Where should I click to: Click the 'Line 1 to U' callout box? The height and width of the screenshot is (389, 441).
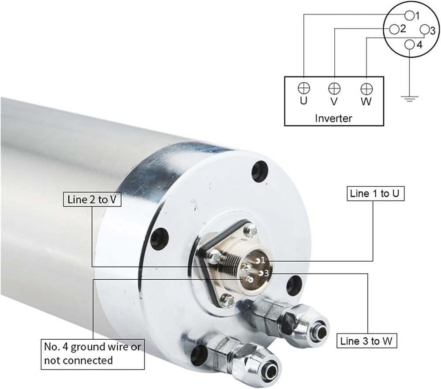(x=375, y=193)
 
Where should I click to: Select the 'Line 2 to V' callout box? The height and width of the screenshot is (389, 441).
(x=92, y=200)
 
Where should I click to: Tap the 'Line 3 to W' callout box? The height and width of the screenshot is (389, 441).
(x=366, y=341)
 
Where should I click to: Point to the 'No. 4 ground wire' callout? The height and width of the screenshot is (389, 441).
(x=93, y=354)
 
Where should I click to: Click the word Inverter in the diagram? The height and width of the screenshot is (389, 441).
(x=333, y=118)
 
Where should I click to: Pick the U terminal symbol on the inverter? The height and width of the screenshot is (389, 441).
(x=304, y=88)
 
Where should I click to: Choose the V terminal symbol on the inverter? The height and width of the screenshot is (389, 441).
(x=334, y=89)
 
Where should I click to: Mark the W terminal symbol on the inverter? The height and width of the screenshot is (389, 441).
(x=366, y=89)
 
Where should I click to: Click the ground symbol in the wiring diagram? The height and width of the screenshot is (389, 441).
(x=410, y=99)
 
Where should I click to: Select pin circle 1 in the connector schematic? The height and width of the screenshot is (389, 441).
(x=410, y=15)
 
